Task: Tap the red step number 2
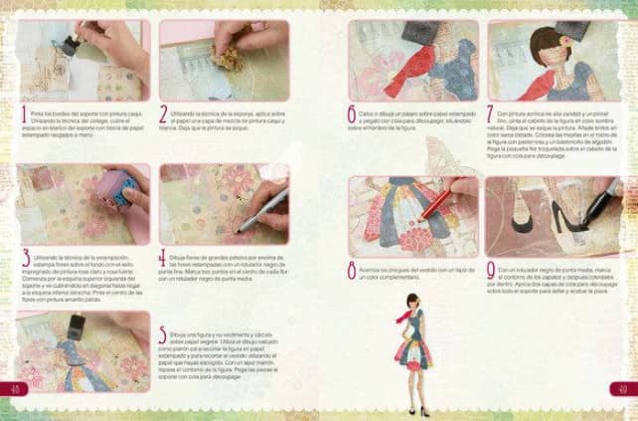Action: tap(164, 114)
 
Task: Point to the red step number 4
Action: tap(164, 259)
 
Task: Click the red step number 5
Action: tap(164, 335)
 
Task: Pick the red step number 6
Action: tap(352, 114)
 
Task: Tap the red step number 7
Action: tap(489, 114)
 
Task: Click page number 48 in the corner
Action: tap(13, 387)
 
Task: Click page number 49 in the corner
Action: tap(623, 387)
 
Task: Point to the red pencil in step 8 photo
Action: tap(437, 204)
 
